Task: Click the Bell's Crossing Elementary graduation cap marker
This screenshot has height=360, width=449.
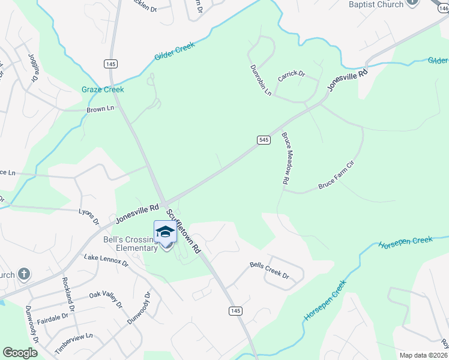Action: (165, 232)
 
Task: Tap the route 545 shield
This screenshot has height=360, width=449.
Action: (264, 139)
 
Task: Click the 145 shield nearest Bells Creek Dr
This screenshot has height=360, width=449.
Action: (235, 310)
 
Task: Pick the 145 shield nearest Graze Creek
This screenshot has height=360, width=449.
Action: (112, 64)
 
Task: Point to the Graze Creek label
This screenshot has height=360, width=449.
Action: (103, 89)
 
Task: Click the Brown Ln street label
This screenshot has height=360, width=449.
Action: (100, 109)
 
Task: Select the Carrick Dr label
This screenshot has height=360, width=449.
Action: (291, 76)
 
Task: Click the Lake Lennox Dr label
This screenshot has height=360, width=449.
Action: (106, 260)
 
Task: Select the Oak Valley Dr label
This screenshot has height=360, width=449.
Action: (106, 299)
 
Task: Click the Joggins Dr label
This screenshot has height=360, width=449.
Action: (34, 67)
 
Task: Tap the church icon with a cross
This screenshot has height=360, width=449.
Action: (23, 275)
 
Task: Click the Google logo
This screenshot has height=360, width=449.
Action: (20, 353)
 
